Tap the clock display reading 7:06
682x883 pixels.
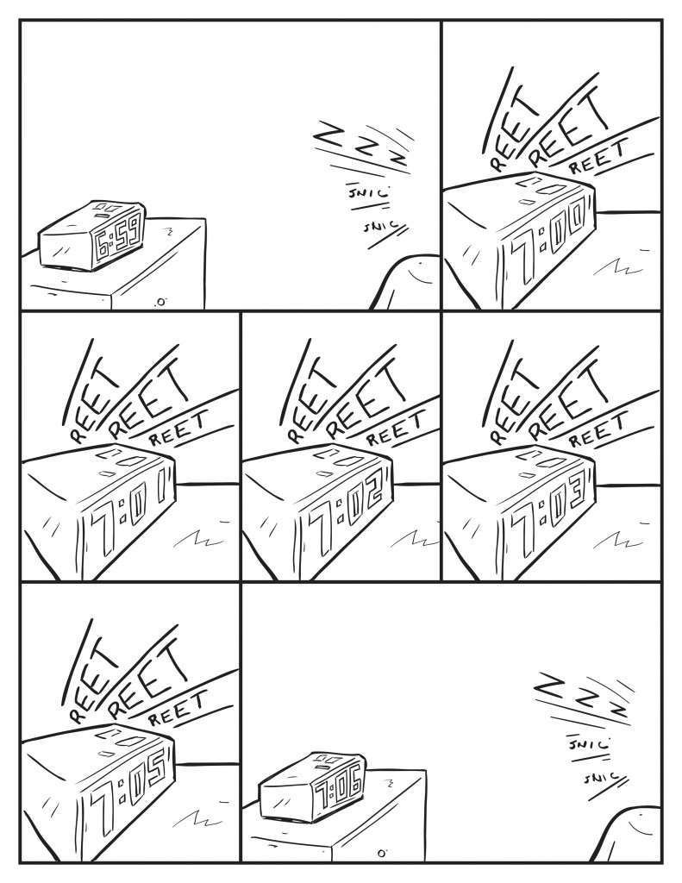click(335, 786)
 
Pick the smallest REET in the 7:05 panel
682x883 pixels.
click(177, 707)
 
